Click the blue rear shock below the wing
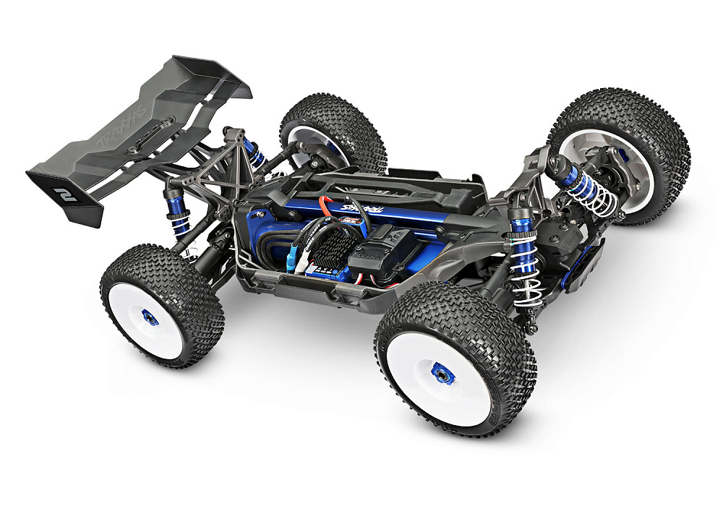[176, 210]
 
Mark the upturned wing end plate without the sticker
[217, 76]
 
